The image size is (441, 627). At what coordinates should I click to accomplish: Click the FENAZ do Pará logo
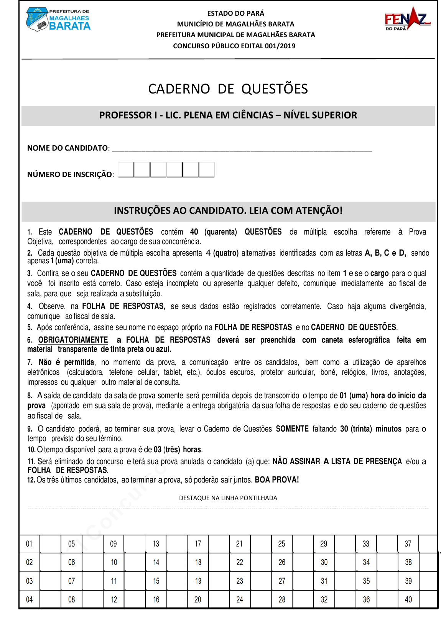pos(407,18)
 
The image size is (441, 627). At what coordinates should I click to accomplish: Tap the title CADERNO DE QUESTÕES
pos(228,89)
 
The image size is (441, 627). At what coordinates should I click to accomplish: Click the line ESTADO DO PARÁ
pos(235,13)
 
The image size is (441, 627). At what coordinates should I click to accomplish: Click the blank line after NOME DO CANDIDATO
pos(242,149)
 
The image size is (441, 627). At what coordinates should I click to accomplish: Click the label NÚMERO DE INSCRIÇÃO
pos(70,174)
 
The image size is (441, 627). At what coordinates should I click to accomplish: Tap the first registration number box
pos(126,169)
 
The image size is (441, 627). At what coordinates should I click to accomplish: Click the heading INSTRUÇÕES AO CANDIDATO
pos(228,210)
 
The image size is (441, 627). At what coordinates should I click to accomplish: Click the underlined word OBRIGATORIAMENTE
pos(73,340)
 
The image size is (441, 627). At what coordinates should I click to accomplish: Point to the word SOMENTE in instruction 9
pos(292,429)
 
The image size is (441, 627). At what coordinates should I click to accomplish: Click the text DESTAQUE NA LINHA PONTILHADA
pos(228,498)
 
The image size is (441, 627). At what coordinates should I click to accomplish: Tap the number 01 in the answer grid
pos(29,544)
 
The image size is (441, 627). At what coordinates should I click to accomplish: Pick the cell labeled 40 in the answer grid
pos(408,599)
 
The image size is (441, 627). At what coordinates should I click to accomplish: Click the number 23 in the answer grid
pos(240,581)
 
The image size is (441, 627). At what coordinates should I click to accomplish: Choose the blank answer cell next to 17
pos(219,544)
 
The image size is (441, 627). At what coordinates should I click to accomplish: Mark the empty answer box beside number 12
pos(135,599)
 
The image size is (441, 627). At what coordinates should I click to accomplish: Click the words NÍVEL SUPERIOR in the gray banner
pos(320,115)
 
